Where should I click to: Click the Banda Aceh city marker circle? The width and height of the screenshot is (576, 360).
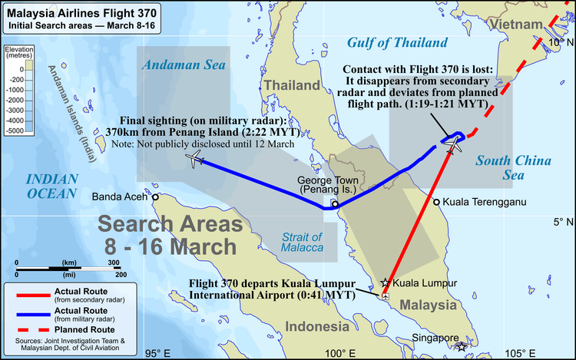pyautogui.click(x=155, y=197)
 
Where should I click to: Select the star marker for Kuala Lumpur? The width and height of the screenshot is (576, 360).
pyautogui.click(x=386, y=282)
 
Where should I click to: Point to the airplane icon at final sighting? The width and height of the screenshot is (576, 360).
pyautogui.click(x=194, y=159)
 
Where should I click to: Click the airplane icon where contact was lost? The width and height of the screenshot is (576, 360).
pyautogui.click(x=452, y=143)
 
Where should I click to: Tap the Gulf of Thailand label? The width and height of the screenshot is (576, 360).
pyautogui.click(x=396, y=42)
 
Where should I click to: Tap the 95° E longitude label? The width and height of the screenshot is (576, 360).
pyautogui.click(x=157, y=353)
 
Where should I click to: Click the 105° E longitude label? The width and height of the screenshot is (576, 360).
pyautogui.click(x=522, y=353)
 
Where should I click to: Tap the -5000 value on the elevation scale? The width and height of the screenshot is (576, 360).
pyautogui.click(x=15, y=131)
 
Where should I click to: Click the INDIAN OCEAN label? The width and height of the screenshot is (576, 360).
pyautogui.click(x=52, y=186)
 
